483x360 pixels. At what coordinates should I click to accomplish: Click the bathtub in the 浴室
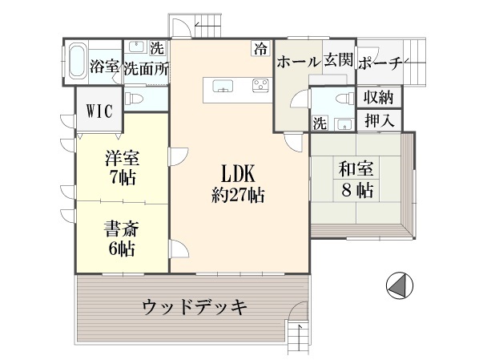(x=77, y=62)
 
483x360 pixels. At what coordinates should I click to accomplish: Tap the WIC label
(x=99, y=111)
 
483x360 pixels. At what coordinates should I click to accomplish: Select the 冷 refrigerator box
(x=261, y=49)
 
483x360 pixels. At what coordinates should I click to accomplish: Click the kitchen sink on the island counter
(x=223, y=86)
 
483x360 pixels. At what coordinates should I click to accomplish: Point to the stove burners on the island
(x=260, y=85)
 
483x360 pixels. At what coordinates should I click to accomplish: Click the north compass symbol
(x=400, y=285)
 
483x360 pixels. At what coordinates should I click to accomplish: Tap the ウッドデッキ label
(x=195, y=307)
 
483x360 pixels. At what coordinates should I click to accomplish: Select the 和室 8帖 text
(x=356, y=180)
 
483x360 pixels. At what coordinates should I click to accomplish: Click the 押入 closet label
(x=380, y=120)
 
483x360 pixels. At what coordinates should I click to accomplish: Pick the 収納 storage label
(x=379, y=98)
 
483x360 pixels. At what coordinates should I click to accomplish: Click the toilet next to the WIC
(x=134, y=99)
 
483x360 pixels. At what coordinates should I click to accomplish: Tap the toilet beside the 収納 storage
(x=345, y=99)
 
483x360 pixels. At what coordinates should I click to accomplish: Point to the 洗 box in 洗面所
(x=157, y=48)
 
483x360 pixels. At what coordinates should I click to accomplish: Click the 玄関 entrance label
(x=338, y=59)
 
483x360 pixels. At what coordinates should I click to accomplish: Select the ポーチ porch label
(x=380, y=63)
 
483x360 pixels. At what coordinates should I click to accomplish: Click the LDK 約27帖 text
(x=238, y=184)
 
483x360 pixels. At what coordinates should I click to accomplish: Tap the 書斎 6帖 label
(x=123, y=238)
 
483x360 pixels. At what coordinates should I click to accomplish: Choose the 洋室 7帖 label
(x=123, y=168)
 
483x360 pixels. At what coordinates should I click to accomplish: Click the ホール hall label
(x=299, y=63)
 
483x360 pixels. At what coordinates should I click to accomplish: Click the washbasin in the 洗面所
(x=136, y=47)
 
